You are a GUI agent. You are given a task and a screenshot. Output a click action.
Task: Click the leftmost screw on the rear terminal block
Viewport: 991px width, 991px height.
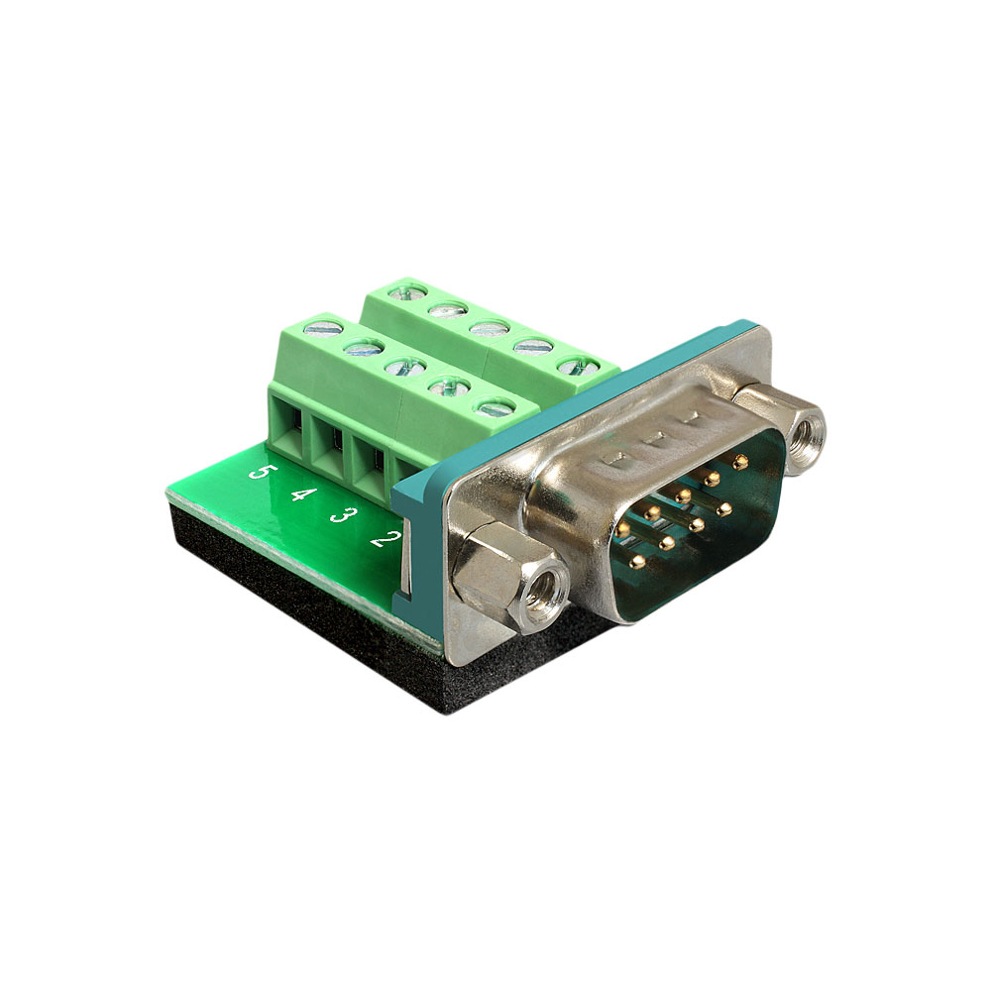tap(407, 291)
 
